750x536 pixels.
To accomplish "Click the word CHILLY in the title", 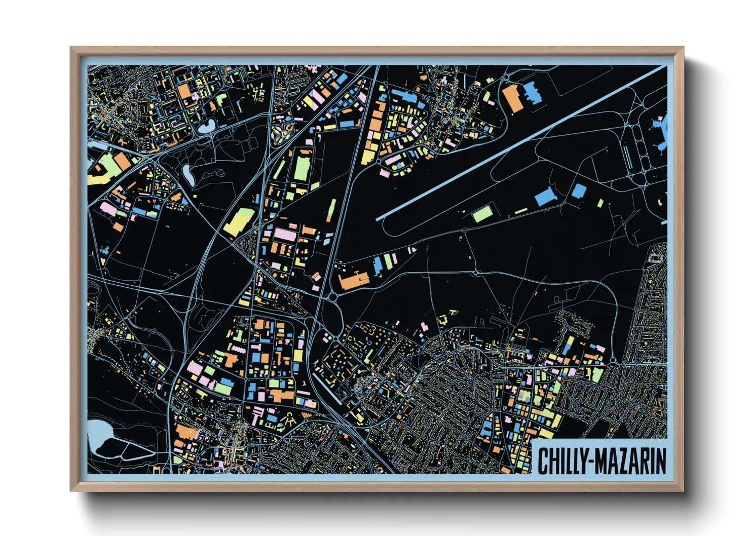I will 560,461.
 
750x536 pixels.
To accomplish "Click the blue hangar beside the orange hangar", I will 532,92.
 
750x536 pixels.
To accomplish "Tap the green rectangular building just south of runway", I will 483,213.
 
